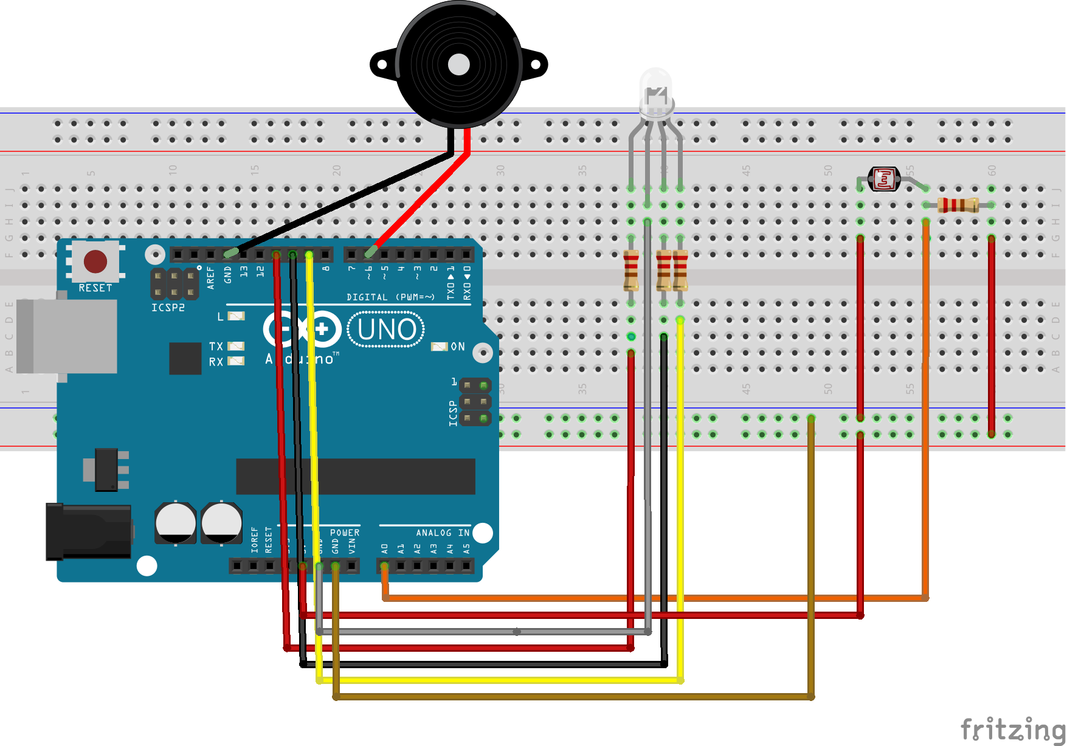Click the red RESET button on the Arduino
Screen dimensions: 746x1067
(x=95, y=261)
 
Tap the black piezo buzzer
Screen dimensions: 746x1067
(x=458, y=64)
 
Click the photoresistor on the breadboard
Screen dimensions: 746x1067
(x=883, y=179)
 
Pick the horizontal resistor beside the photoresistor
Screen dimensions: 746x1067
(x=958, y=205)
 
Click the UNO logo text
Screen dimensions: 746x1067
(x=387, y=330)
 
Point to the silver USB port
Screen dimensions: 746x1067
(x=67, y=336)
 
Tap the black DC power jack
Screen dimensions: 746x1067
(x=89, y=531)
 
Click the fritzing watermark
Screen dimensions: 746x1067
(x=1012, y=729)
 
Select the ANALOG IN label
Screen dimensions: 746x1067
(x=442, y=533)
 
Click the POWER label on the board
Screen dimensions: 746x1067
(x=345, y=533)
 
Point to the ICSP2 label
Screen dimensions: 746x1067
(x=168, y=308)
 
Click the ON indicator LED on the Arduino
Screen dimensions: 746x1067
(x=439, y=347)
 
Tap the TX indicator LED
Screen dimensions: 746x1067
(x=236, y=346)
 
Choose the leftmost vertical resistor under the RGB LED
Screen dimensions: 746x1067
(x=631, y=271)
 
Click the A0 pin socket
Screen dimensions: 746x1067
(x=384, y=567)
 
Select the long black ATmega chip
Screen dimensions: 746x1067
(x=356, y=476)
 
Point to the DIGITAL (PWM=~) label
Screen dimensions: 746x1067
(x=390, y=297)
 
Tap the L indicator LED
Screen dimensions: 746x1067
(x=236, y=316)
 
